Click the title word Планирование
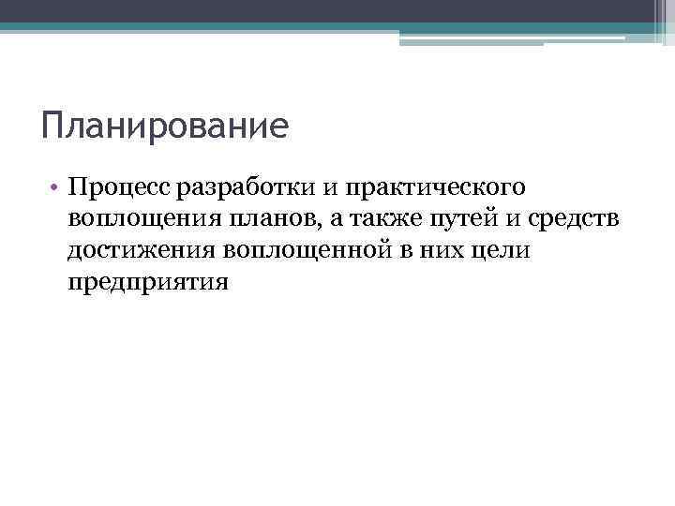point(165,126)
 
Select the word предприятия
point(148,281)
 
